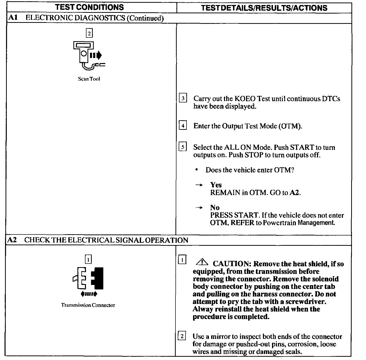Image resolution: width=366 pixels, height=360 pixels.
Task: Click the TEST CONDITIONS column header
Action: tap(89, 7)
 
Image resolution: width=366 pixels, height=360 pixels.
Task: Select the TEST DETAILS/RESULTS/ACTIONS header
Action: tap(264, 8)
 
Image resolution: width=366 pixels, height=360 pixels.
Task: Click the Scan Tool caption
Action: tap(89, 79)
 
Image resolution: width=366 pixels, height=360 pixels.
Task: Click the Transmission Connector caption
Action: tap(88, 305)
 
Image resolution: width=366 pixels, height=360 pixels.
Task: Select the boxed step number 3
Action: tap(183, 98)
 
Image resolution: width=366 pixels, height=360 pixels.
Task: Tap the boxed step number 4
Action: tap(183, 125)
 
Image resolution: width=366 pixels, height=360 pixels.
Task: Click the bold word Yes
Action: tap(216, 185)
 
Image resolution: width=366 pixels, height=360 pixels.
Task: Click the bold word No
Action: tap(215, 208)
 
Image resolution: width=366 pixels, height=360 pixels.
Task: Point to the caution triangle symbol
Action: tap(202, 262)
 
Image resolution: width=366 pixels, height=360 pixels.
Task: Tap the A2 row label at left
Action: tap(12, 240)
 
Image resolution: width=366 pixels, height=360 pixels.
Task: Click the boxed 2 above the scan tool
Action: tap(89, 33)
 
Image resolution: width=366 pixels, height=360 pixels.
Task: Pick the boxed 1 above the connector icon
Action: tap(88, 259)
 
